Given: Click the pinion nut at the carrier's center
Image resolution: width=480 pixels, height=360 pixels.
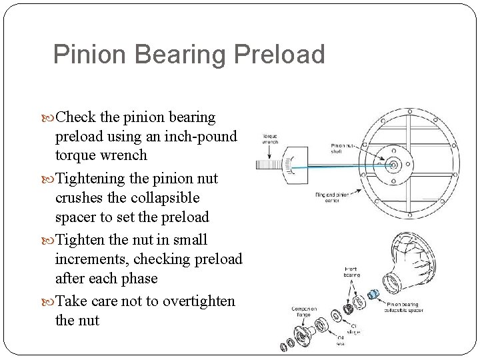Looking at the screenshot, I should [x=393, y=164].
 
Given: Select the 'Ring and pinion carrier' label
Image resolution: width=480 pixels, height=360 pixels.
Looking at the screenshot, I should [x=331, y=197].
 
